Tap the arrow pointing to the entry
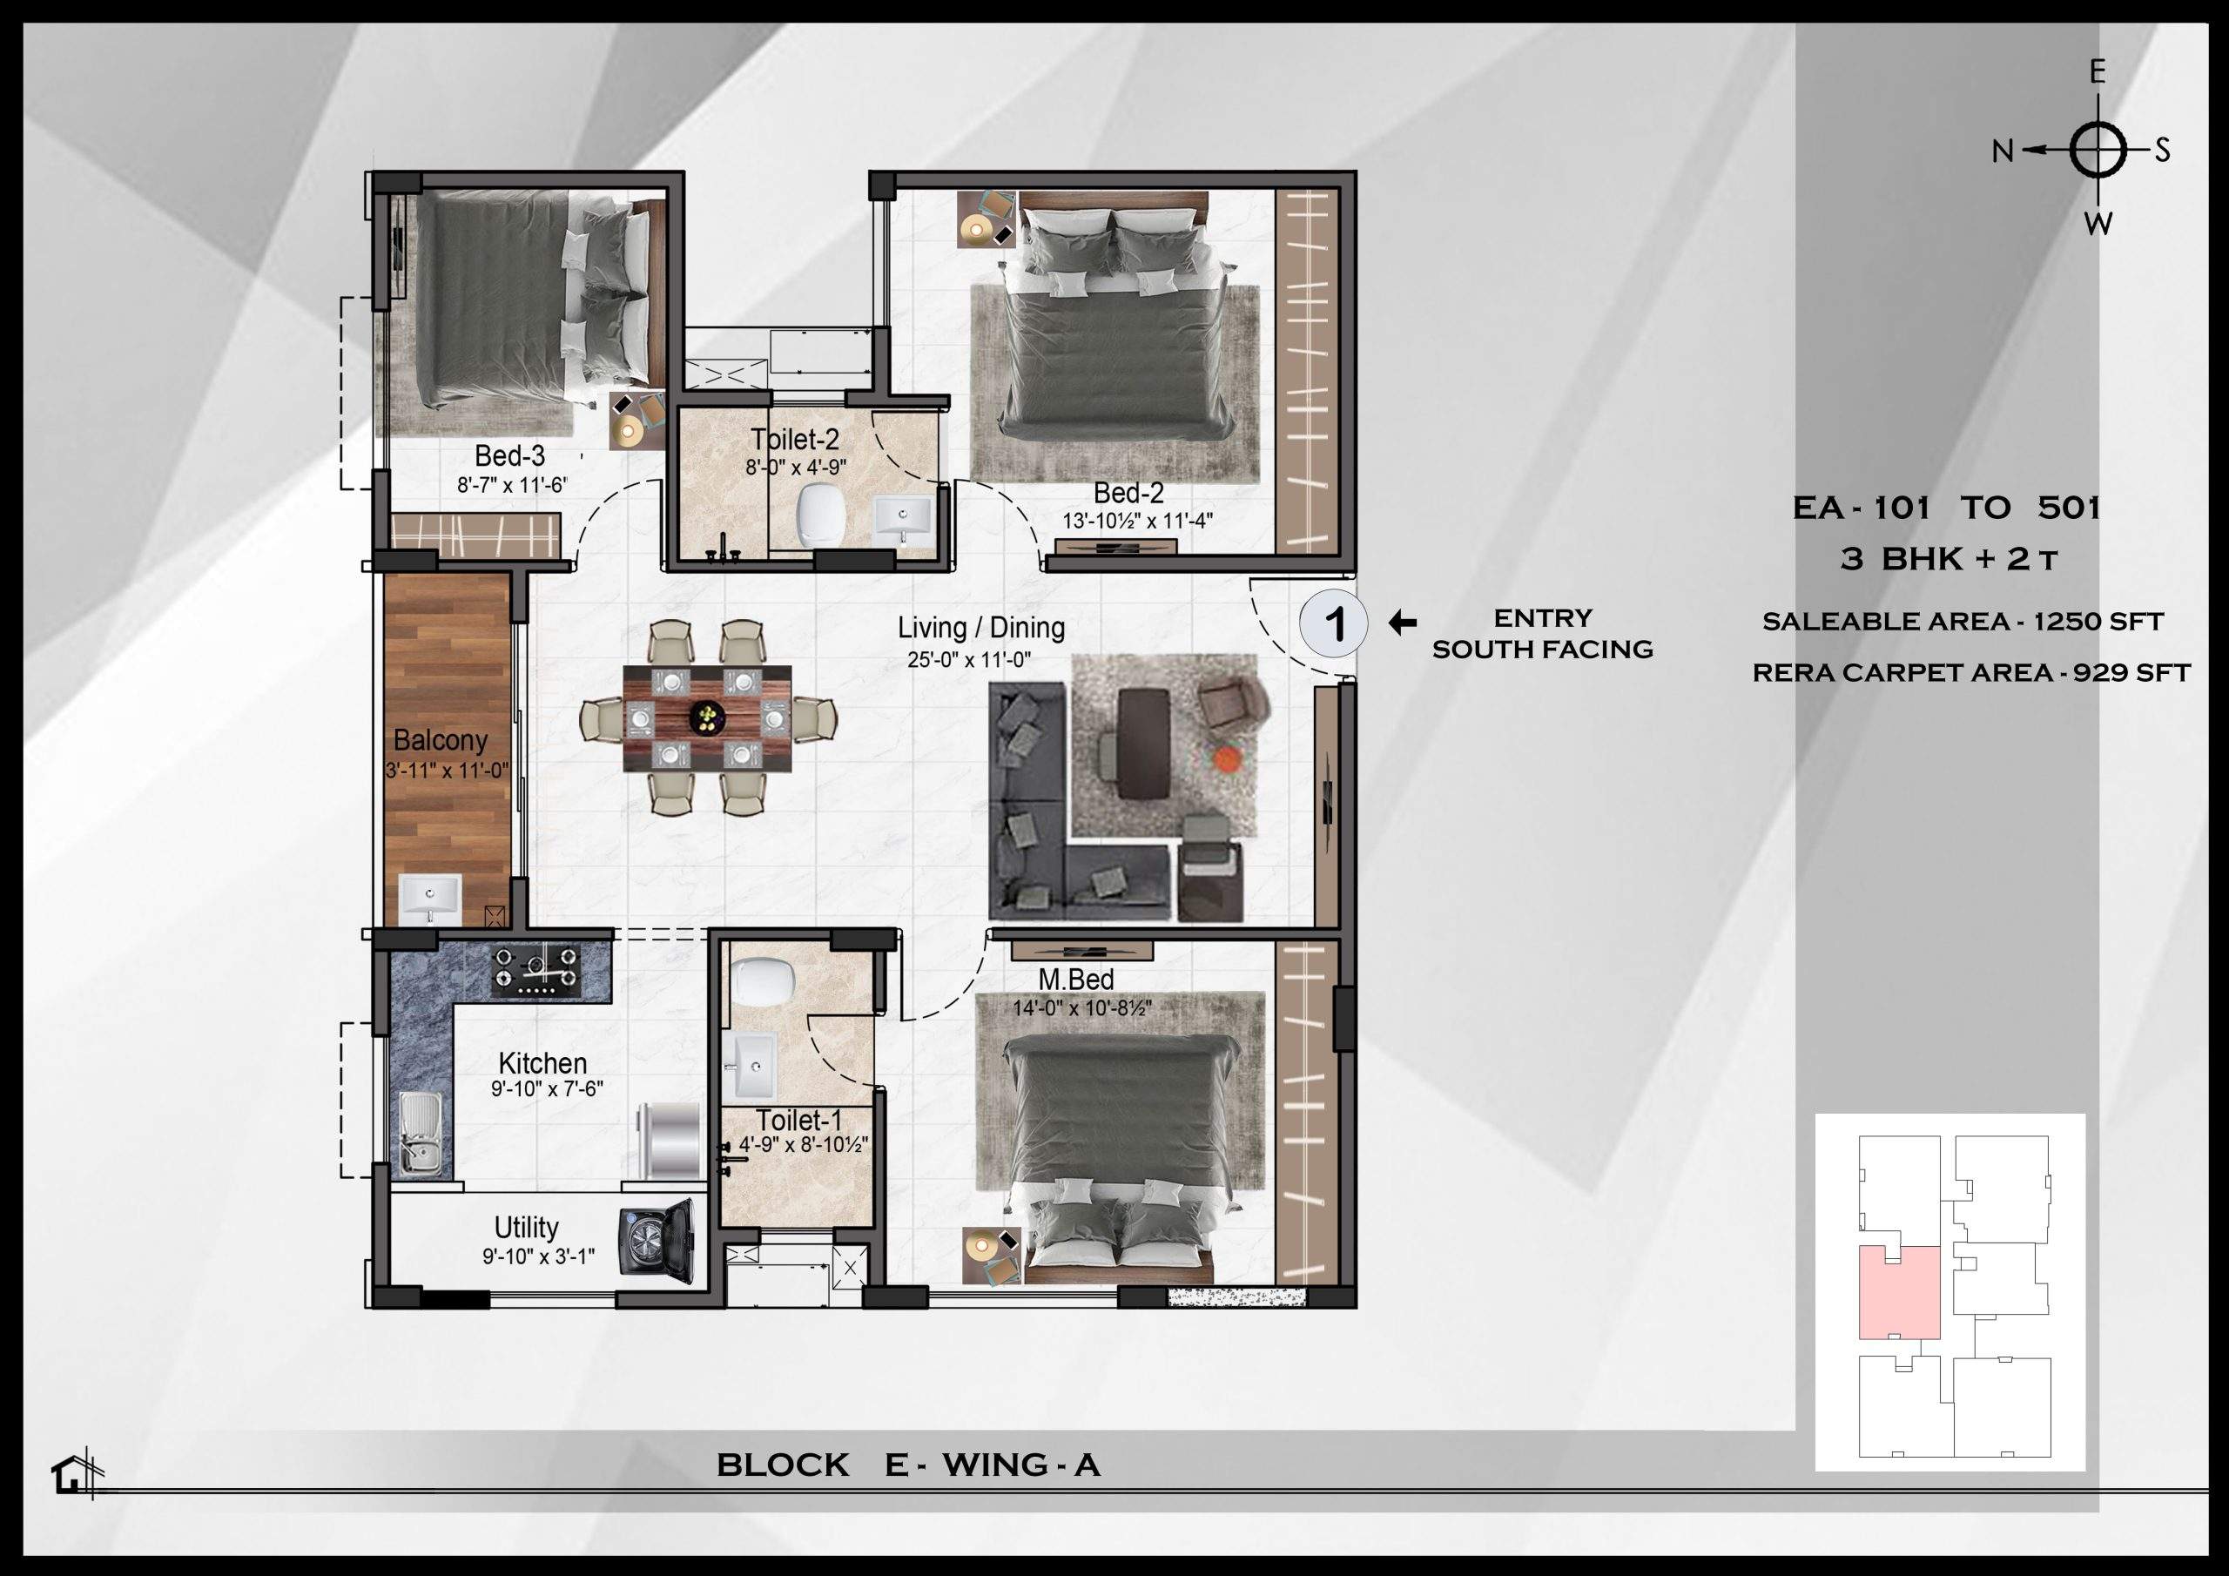pos(1402,623)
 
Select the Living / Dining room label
pos(980,629)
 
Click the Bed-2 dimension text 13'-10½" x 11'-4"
pos(1137,522)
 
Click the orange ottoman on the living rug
pos(1227,758)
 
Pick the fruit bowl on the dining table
pos(707,717)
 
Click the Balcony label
pos(440,741)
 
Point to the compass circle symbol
pos(2098,151)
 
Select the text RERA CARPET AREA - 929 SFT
pos(1970,672)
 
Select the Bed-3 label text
pos(509,455)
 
